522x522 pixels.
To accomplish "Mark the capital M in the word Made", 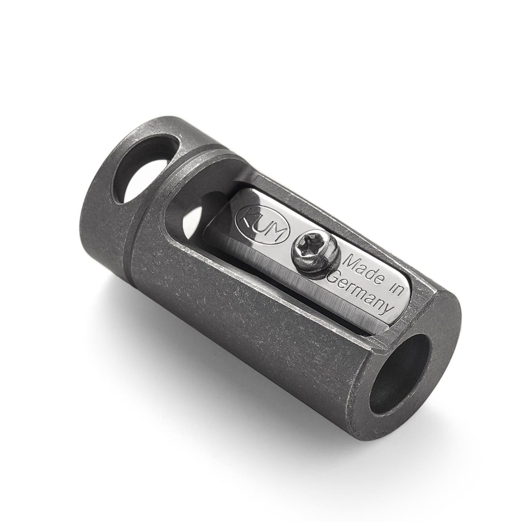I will (x=350, y=261).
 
